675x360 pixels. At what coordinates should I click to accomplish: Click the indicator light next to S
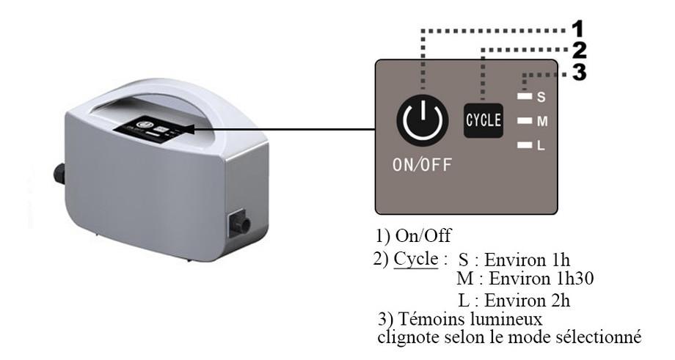(523, 96)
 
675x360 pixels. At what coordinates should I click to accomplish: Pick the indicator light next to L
(523, 146)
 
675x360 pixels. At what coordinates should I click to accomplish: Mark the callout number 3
(579, 73)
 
